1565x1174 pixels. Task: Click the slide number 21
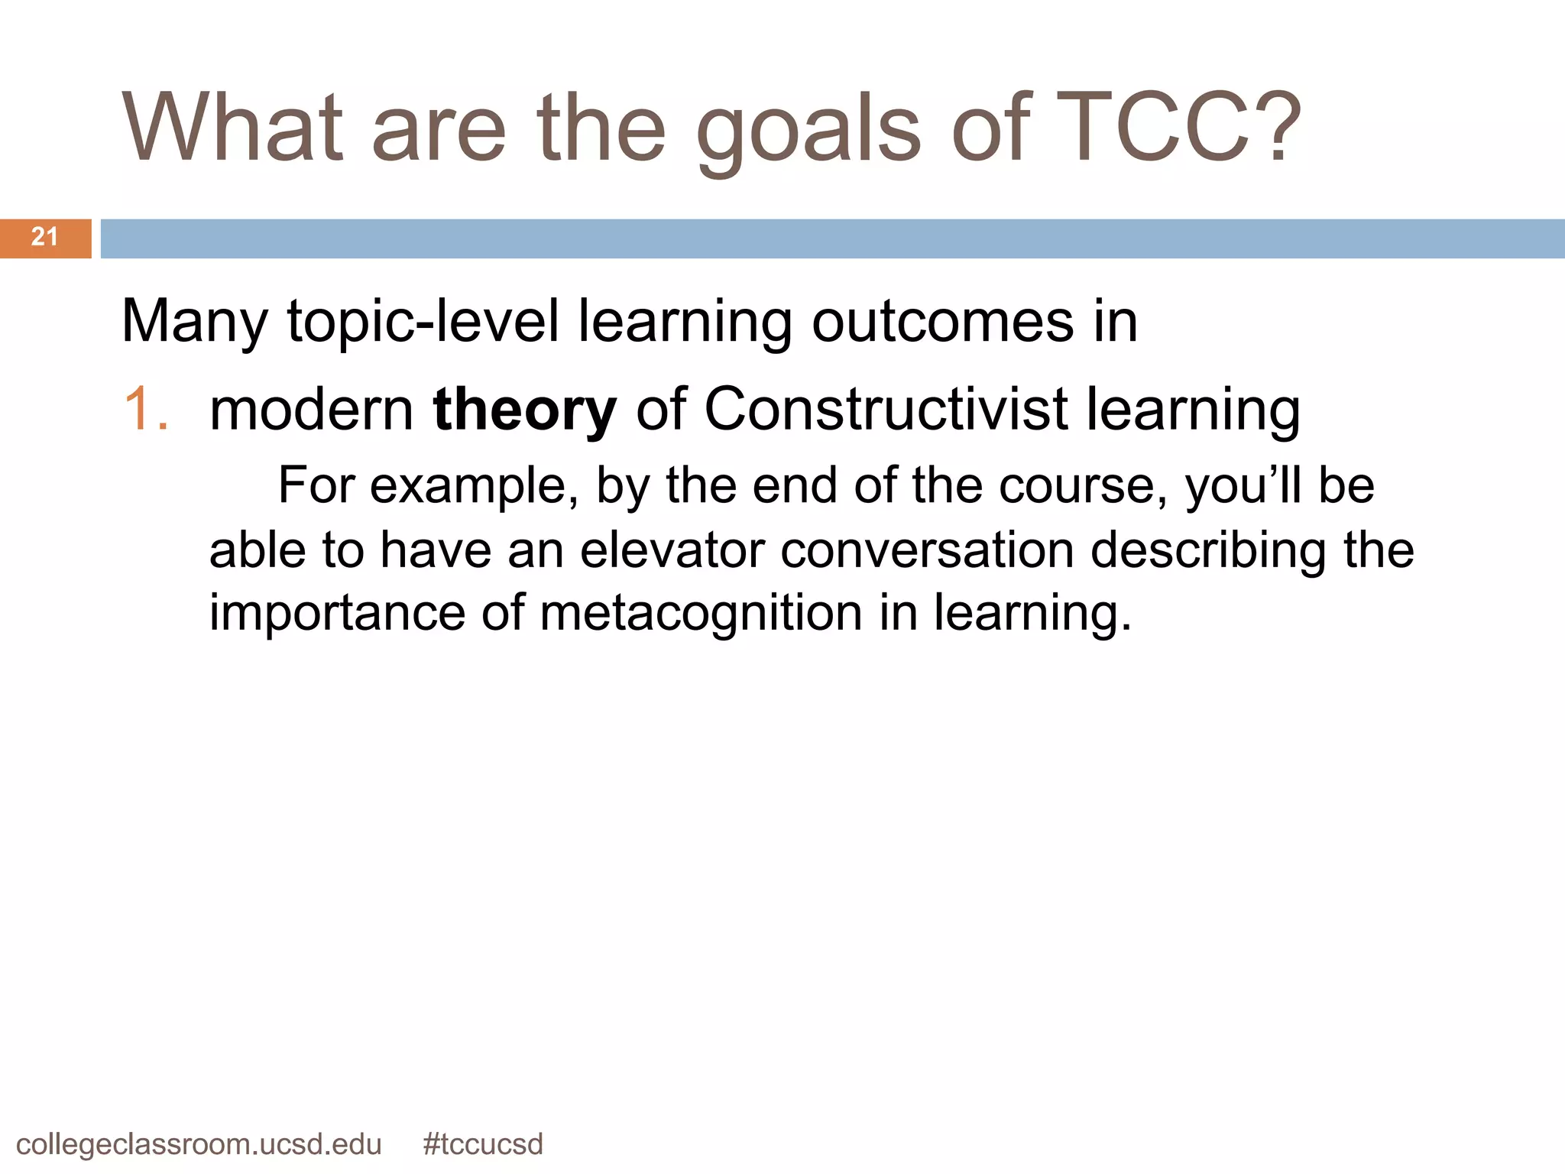pos(44,237)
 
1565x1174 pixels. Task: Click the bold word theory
pos(524,410)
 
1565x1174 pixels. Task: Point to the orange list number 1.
pos(145,409)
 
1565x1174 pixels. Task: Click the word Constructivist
pos(885,409)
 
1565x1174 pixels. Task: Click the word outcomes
pos(943,321)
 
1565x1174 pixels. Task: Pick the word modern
pos(312,410)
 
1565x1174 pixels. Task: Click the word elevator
pos(672,550)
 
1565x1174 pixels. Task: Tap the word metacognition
pos(701,614)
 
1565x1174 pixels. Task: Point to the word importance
pos(336,614)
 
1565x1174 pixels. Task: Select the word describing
pos(1207,550)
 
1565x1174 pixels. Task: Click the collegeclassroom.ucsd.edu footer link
pos(199,1144)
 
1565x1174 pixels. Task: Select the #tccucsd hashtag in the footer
pos(482,1144)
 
